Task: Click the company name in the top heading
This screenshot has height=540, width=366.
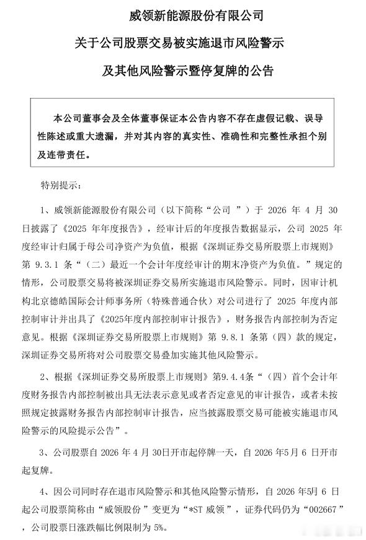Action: coord(182,14)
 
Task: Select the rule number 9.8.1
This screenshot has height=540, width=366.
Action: coord(230,339)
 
